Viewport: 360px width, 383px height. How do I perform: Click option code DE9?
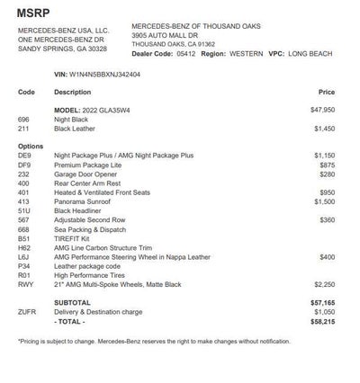tap(25, 156)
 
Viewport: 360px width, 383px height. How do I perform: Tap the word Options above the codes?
tap(30, 146)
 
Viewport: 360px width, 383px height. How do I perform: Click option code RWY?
tap(26, 284)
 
